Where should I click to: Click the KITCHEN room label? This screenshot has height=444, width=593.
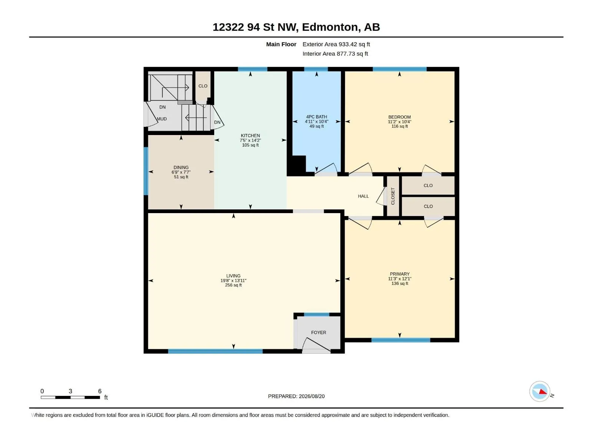[251, 135]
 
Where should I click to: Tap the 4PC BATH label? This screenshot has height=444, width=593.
[317, 117]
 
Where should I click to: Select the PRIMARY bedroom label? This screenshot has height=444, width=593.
[400, 274]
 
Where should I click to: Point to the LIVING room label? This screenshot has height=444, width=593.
[233, 276]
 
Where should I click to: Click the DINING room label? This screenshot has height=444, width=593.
[181, 167]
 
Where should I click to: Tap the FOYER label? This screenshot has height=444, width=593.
[318, 332]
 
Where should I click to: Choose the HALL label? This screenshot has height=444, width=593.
[363, 196]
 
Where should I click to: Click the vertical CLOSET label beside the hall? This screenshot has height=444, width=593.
[393, 196]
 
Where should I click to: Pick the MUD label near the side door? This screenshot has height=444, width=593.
[162, 119]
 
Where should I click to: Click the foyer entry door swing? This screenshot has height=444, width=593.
[316, 344]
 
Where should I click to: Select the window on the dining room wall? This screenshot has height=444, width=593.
[146, 171]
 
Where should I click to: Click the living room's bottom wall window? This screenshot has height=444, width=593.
[215, 351]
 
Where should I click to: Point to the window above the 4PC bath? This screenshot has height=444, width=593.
[316, 69]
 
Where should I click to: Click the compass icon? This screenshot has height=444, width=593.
[540, 391]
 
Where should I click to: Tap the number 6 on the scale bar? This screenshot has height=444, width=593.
[100, 391]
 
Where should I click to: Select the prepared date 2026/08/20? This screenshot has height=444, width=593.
[311, 396]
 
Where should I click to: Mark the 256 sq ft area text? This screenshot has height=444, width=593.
[233, 285]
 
